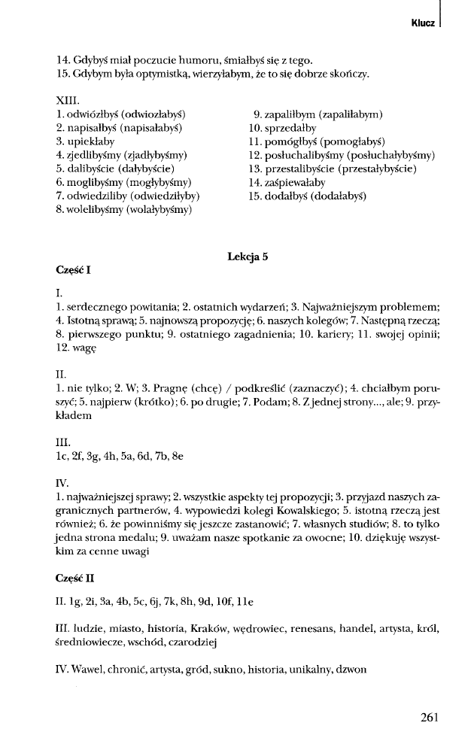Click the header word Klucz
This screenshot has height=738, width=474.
point(423,23)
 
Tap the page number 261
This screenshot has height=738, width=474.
point(429,717)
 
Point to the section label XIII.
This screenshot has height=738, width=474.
point(68,99)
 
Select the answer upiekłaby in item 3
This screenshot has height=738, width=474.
point(93,141)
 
